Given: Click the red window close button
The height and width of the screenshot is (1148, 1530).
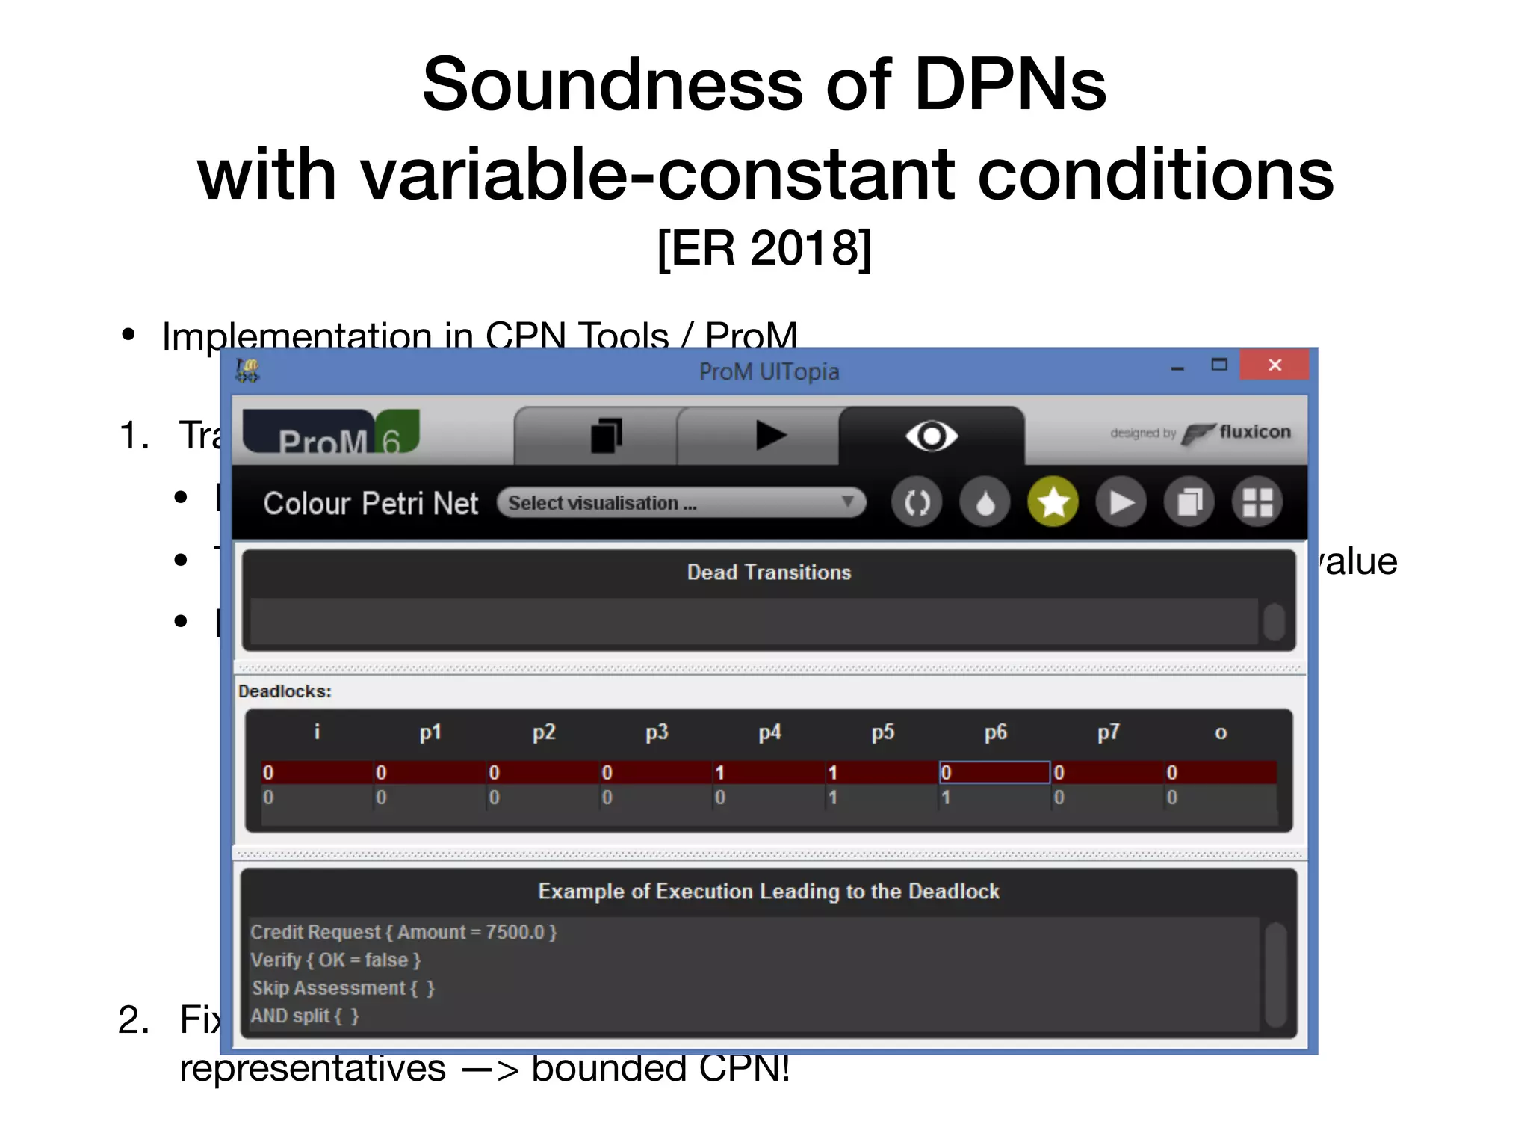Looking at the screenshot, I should [1275, 365].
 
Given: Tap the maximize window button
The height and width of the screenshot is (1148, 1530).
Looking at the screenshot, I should [1219, 365].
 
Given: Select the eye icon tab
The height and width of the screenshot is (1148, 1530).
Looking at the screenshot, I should [931, 436].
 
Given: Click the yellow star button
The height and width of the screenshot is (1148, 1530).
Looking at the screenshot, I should [1053, 502].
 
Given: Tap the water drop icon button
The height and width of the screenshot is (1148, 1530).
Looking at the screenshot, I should [985, 502].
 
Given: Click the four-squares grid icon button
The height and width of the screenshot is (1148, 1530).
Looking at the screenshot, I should [1257, 502].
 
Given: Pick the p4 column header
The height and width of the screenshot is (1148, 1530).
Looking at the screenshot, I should [769, 732].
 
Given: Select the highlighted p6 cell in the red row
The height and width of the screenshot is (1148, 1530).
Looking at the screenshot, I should [994, 772].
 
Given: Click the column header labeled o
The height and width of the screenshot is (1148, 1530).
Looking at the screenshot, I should [1221, 732].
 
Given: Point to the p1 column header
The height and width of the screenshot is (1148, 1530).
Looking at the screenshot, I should [430, 732].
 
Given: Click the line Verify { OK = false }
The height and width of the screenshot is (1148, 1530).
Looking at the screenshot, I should [335, 960].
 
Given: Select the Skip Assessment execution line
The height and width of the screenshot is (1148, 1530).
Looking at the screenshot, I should [343, 988].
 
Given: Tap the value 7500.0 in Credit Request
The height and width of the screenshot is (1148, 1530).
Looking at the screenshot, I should [515, 932].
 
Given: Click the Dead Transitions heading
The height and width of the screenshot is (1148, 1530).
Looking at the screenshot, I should [769, 573].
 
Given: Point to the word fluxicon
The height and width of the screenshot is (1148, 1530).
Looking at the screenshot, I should [1254, 432].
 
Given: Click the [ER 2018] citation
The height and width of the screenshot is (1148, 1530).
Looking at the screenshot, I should [764, 248].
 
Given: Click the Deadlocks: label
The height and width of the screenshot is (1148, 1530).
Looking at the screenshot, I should [285, 691].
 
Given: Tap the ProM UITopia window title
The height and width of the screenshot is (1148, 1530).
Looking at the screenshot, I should [769, 371].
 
